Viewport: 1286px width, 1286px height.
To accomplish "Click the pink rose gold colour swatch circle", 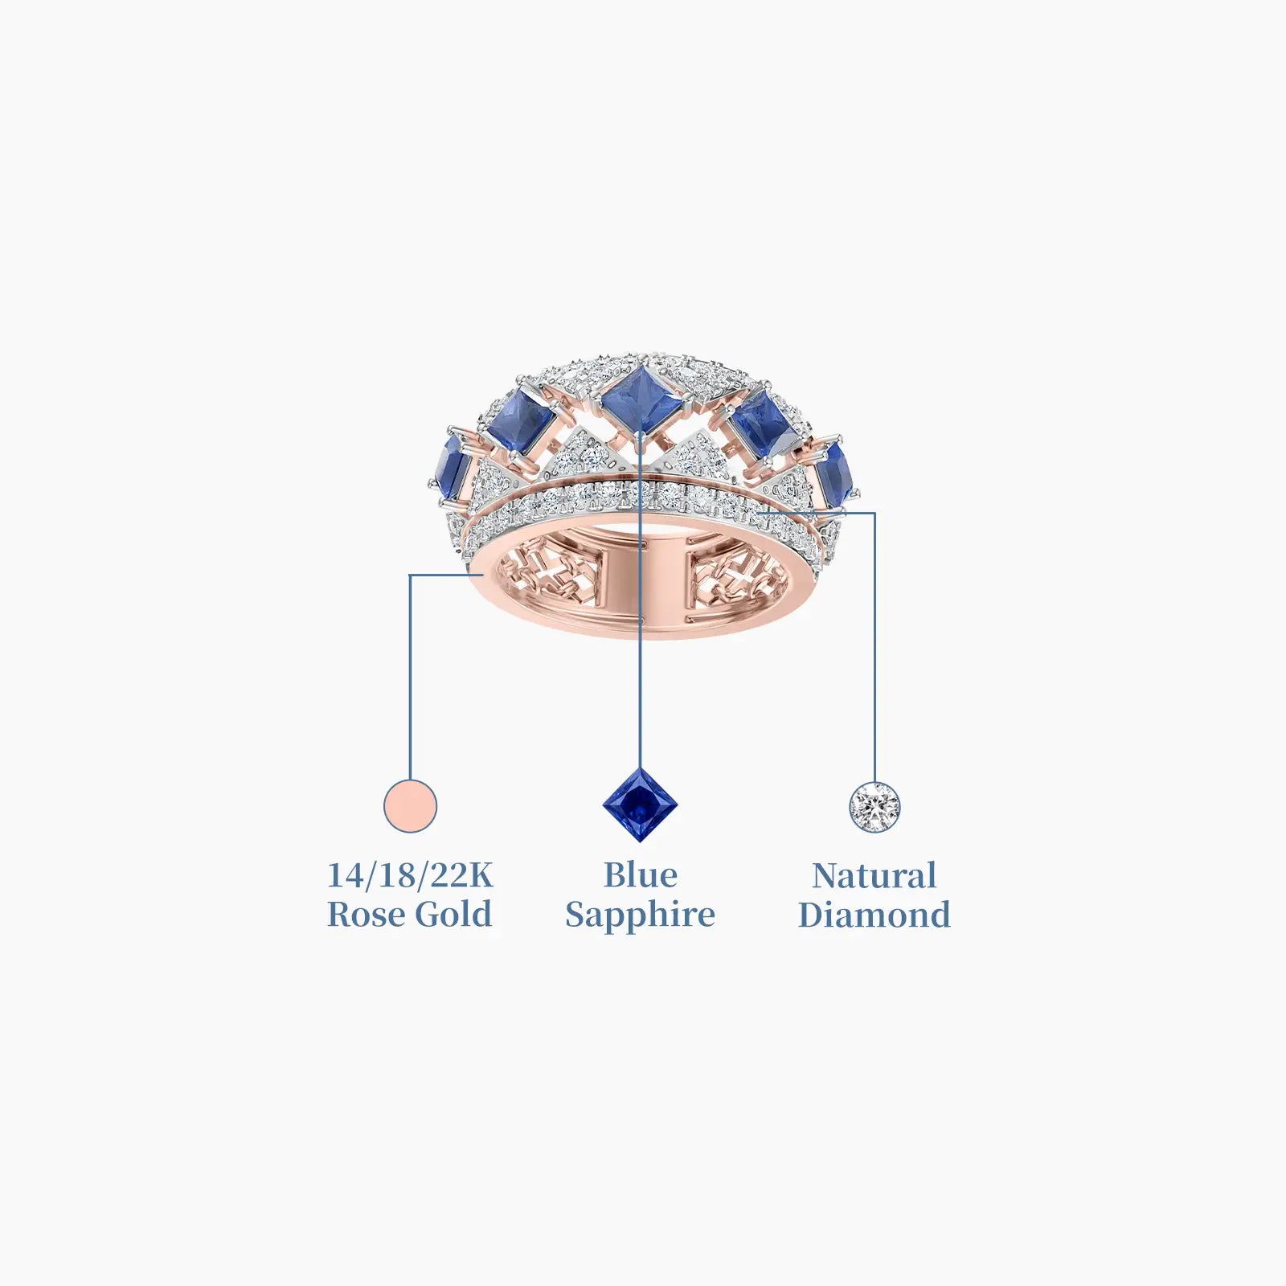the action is click(411, 806).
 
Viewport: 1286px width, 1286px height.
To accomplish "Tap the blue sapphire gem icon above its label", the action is click(641, 805).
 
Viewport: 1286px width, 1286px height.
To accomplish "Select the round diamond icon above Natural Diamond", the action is click(875, 807).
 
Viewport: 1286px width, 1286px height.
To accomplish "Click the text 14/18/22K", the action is click(410, 875).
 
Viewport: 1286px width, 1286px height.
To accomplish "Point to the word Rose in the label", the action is click(367, 915).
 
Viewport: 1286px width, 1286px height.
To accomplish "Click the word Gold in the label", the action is click(454, 915).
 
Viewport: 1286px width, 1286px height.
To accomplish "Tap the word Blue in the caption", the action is click(641, 875).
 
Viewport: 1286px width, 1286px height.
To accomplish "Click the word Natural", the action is click(874, 876).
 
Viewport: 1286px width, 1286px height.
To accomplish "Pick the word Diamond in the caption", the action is click(874, 915).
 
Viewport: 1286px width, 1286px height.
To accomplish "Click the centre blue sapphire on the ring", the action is click(641, 399).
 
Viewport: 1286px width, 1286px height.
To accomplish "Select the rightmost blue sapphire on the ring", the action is click(833, 473).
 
